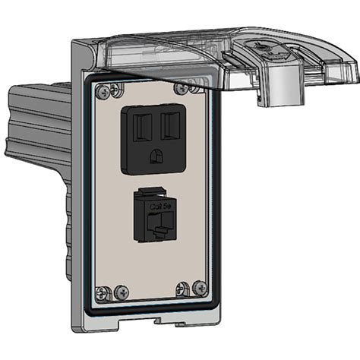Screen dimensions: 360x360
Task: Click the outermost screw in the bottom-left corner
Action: pyautogui.click(x=100, y=292)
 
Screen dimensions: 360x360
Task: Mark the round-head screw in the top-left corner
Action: pyautogui.click(x=102, y=93)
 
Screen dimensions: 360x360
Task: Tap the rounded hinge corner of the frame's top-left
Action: pyautogui.click(x=77, y=47)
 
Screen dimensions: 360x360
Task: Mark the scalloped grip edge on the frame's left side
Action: pyautogui.click(x=73, y=228)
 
